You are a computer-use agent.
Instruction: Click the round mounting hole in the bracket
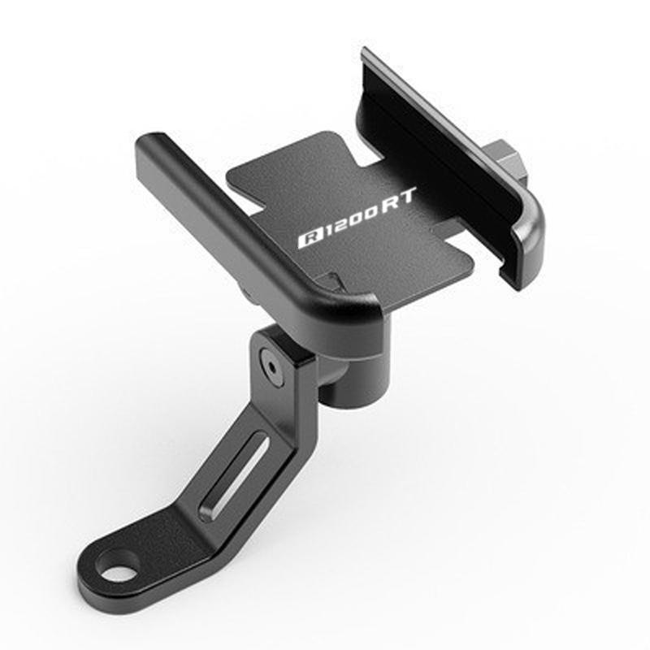point(120,565)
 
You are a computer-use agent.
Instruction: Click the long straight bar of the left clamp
point(244,219)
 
